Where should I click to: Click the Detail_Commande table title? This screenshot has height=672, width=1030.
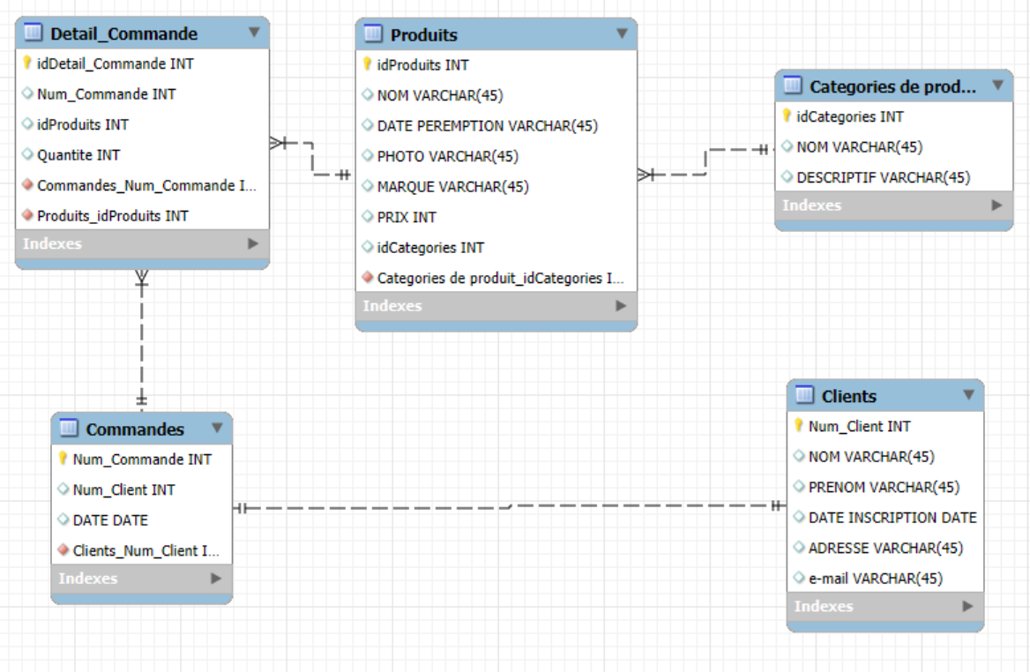click(123, 34)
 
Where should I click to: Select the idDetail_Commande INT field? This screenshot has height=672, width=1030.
click(115, 63)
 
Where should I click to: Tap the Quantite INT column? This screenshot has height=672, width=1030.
click(78, 155)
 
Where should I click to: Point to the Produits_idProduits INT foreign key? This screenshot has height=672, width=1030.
click(112, 215)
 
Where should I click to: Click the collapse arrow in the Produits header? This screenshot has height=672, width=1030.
click(622, 34)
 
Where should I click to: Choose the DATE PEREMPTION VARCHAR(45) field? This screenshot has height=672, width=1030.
click(488, 125)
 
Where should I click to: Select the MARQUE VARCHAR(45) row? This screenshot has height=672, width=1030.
click(452, 187)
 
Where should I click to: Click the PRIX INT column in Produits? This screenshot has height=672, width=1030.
click(407, 217)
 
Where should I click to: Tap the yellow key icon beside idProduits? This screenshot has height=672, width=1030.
click(367, 63)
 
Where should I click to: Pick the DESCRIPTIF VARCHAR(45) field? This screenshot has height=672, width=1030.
click(883, 177)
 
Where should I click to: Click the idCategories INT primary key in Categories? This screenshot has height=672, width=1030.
click(850, 116)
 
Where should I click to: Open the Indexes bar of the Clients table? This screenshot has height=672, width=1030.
click(884, 607)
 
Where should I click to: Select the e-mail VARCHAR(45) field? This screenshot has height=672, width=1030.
click(875, 578)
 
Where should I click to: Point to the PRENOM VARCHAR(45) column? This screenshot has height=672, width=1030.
click(884, 487)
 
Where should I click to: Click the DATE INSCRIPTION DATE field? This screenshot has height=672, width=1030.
click(892, 518)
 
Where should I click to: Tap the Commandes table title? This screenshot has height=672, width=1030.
click(135, 429)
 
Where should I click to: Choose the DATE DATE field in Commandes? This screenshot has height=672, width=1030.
click(110, 520)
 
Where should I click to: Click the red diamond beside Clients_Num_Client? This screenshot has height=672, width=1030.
click(63, 549)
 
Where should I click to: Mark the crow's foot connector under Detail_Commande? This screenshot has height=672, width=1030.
click(142, 279)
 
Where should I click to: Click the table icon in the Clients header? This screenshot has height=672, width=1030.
click(804, 394)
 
